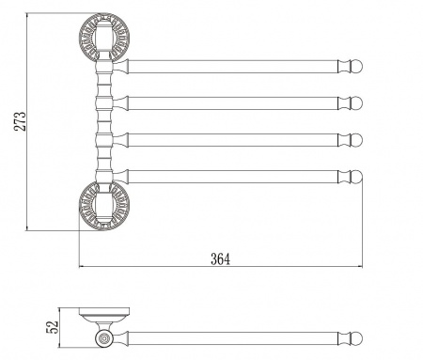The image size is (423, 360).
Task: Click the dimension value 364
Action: [220, 259]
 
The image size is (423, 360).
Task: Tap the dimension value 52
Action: [53, 327]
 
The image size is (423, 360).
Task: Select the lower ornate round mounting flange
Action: [104, 206]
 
